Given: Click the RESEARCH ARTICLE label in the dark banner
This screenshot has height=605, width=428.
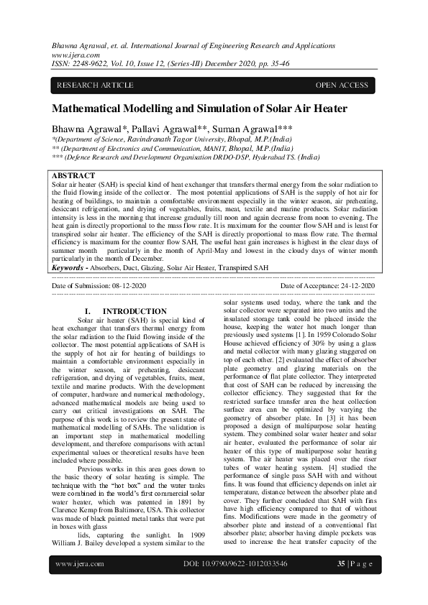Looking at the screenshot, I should pos(95,86).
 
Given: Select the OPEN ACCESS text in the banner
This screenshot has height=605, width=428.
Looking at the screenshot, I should pos(342,86).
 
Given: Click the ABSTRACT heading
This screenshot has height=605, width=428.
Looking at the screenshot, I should pos(73,175).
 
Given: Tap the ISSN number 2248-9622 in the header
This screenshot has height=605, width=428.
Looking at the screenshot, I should pos(92,63).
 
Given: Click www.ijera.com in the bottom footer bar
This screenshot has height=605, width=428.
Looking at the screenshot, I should pos(80,584).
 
